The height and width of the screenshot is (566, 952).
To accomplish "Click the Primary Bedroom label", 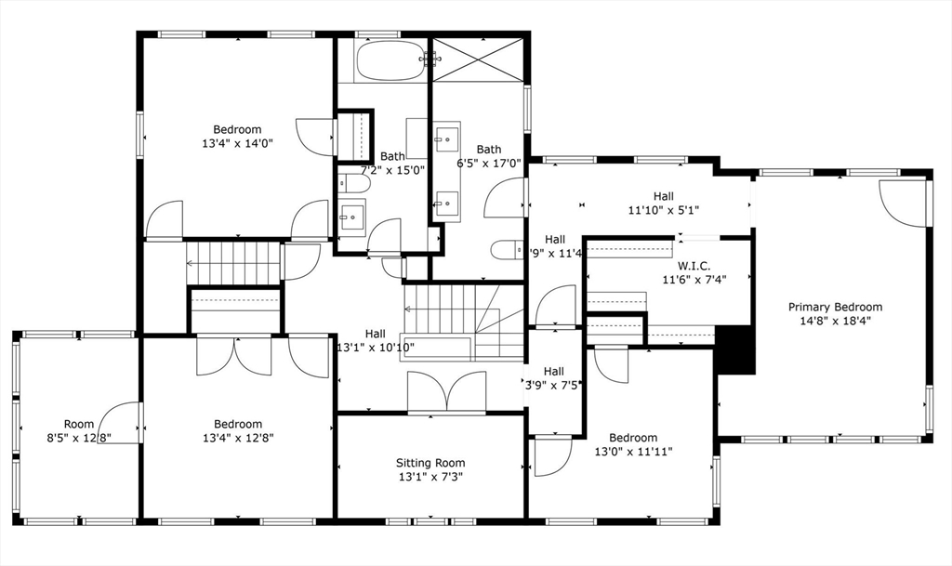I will [835, 307].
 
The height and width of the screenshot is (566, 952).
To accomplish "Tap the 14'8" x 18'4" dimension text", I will [835, 321].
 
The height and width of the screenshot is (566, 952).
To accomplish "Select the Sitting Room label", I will [430, 463].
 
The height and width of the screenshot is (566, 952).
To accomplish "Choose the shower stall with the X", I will [479, 59].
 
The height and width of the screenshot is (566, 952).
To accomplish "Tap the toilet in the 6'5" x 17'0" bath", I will [509, 250].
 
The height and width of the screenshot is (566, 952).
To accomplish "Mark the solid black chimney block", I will [734, 349].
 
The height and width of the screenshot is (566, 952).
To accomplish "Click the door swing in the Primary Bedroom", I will [903, 202].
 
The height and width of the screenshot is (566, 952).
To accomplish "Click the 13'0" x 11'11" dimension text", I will [633, 452].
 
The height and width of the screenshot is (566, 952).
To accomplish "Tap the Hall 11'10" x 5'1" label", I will [663, 203].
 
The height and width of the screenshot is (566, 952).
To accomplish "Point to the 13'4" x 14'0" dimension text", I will [237, 143].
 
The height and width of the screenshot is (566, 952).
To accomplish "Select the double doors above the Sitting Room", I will [447, 391].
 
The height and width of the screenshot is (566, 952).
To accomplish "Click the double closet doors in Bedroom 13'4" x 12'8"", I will [234, 355].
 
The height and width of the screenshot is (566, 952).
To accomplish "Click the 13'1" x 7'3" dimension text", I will [430, 477].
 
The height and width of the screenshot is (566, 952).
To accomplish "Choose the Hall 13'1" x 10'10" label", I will [376, 341].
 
